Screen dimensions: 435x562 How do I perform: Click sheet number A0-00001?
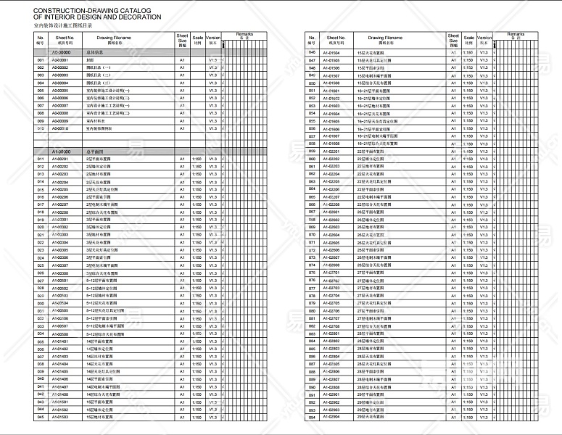pos(60,60)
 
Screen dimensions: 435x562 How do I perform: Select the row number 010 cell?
pos(41,128)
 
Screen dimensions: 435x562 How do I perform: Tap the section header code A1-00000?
pos(60,151)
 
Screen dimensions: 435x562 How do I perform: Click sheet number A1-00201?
pos(60,159)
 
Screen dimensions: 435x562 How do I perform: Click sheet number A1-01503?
pos(60,417)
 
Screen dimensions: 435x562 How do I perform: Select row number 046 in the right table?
pos(312,53)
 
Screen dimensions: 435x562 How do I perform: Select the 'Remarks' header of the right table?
pos(516,35)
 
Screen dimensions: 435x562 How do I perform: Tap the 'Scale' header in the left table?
pos(197,37)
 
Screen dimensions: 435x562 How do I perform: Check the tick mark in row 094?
pos(493,417)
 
